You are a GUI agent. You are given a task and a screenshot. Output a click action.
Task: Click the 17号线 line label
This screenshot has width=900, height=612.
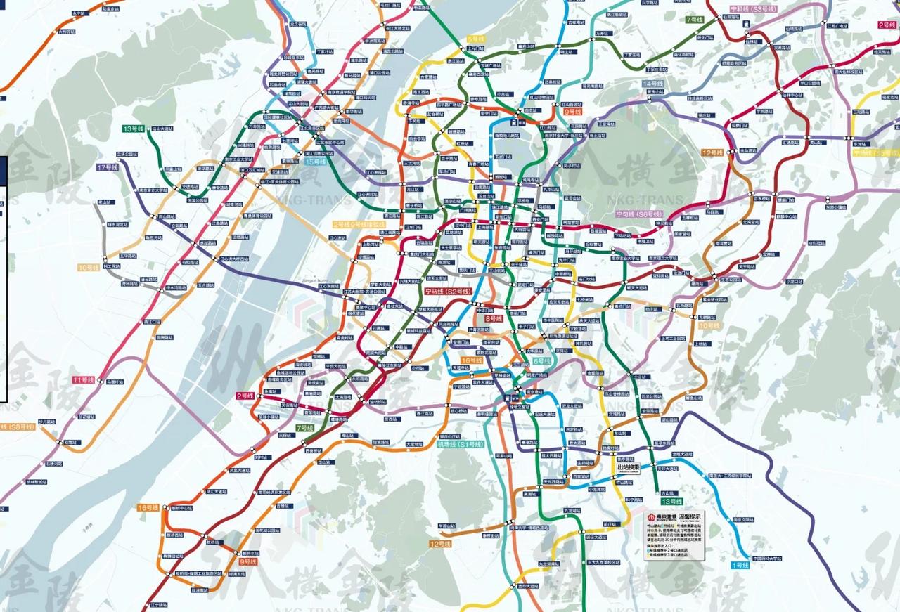[x=108, y=167]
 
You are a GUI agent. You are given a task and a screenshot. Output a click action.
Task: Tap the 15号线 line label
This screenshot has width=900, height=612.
[x=316, y=162]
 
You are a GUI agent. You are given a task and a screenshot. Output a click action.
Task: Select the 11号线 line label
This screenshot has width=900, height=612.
[x=83, y=379]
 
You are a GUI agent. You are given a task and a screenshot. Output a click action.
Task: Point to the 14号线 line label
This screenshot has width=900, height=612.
[x=652, y=84]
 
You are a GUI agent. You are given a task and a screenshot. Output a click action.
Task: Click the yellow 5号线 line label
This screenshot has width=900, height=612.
[x=476, y=39]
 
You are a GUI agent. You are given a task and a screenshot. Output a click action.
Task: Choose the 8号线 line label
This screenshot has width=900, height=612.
[x=494, y=318]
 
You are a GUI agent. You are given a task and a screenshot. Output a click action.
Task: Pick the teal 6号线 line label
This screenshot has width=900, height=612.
[x=541, y=360]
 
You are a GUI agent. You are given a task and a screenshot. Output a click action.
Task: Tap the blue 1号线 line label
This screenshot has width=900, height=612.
[x=740, y=565]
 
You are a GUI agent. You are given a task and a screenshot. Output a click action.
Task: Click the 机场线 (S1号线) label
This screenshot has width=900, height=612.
[x=461, y=445]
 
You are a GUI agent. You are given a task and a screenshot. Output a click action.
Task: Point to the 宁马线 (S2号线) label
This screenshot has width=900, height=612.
[x=447, y=291]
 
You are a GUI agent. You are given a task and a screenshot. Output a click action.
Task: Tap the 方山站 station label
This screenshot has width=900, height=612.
[x=667, y=493]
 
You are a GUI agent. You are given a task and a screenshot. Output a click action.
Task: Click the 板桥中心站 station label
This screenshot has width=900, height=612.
[x=179, y=508]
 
